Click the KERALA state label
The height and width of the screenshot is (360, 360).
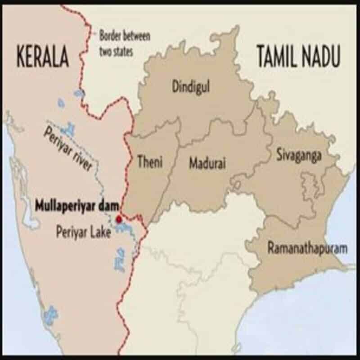(x=43, y=58)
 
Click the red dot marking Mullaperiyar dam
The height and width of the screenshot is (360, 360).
(x=119, y=219)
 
